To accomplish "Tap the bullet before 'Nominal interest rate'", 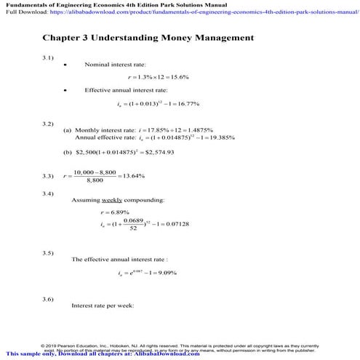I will (x=66, y=65).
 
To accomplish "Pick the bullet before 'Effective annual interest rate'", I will (x=66, y=90).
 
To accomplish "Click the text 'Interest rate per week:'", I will (x=103, y=305).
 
